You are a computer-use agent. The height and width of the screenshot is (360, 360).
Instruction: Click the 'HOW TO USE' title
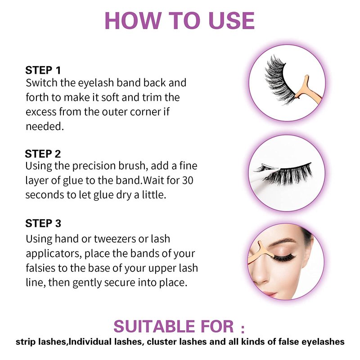(180, 21)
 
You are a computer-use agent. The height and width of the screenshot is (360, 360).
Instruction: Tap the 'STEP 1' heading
(43, 70)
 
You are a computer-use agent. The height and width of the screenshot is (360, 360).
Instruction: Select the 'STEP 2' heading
(43, 154)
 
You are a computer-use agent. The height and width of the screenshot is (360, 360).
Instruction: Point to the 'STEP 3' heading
(43, 223)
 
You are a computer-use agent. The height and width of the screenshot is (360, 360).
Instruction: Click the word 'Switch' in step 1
(41, 83)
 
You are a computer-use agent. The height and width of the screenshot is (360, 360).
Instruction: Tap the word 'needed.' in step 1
(45, 126)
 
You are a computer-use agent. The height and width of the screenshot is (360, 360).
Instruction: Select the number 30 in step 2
(188, 180)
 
